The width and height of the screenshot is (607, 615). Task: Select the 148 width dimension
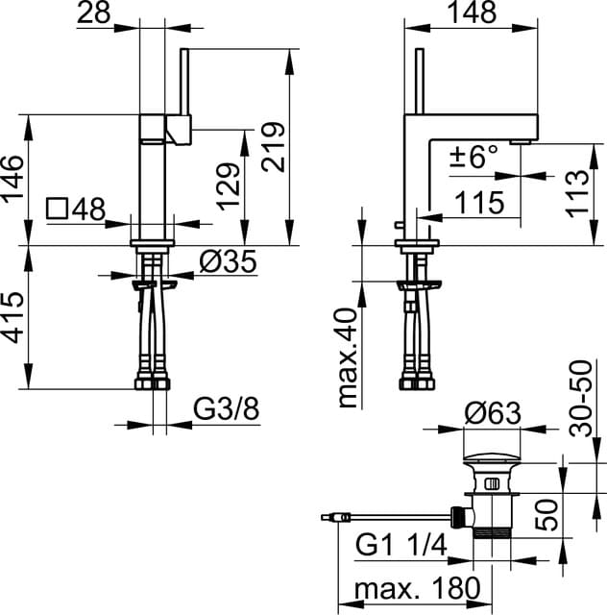point(471,12)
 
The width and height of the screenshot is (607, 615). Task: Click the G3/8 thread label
point(227,410)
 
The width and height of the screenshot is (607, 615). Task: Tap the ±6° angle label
point(474,156)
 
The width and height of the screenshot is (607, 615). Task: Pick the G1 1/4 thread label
point(403,546)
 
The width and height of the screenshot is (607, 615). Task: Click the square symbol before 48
point(59,209)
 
